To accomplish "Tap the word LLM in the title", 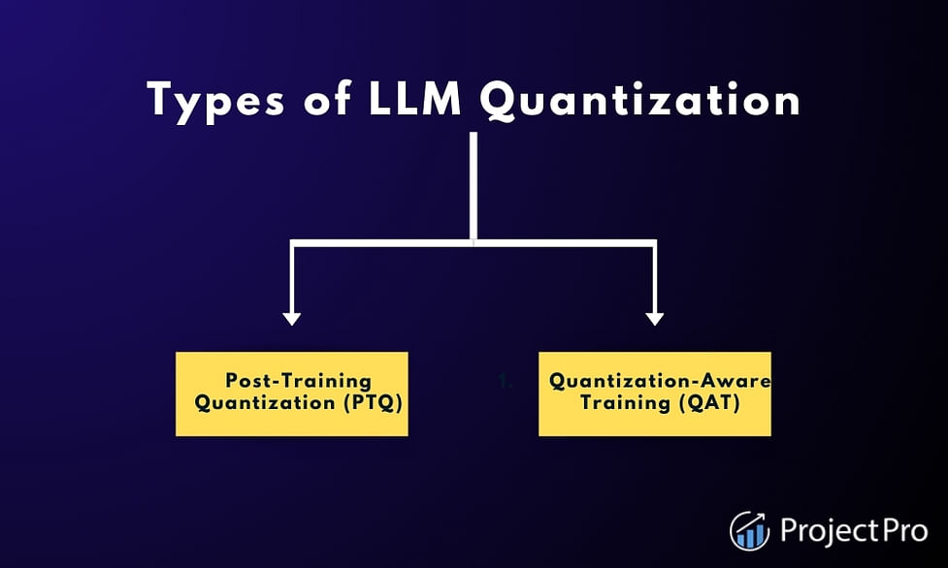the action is (x=414, y=100).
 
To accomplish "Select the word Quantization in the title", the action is (x=640, y=101).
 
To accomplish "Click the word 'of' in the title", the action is (x=327, y=99).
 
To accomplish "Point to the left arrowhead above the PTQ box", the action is (x=292, y=319).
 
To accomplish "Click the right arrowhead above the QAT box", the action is (x=654, y=319).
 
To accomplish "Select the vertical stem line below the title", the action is (x=474, y=186).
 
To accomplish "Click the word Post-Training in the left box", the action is (x=298, y=381).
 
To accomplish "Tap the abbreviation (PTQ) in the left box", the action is (x=373, y=403).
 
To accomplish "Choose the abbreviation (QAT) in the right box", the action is (x=710, y=403).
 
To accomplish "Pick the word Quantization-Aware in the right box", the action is (x=660, y=381).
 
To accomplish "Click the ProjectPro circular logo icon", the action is (x=750, y=531).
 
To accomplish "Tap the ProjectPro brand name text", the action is (x=854, y=530).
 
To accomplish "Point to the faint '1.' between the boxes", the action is (x=506, y=381).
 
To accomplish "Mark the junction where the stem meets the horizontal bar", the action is (x=474, y=243).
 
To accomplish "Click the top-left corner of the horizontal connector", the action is (x=290, y=239).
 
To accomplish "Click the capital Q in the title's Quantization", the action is (x=499, y=101).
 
